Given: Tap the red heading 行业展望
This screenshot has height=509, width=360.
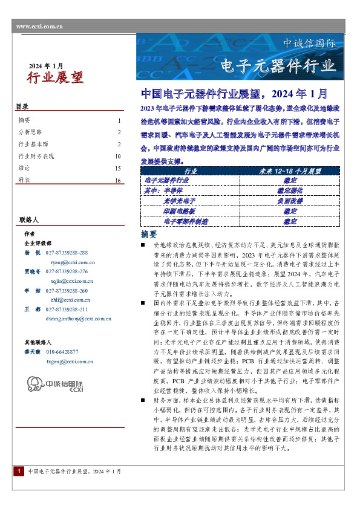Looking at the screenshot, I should tap(55, 77).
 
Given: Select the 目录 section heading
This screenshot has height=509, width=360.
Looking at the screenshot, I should tap(22, 107).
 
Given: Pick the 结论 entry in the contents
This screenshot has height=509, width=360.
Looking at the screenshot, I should tap(24, 168).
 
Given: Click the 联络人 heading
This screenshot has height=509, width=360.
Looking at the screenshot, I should tap(28, 219).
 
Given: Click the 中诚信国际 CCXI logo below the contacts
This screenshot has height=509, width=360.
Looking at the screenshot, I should tap(56, 385).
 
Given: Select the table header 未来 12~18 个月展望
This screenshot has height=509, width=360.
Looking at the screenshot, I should tap(289, 172).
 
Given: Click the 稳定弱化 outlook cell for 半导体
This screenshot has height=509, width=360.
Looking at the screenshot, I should tap(289, 190).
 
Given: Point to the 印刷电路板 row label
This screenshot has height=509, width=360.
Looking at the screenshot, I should tap(181, 210).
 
